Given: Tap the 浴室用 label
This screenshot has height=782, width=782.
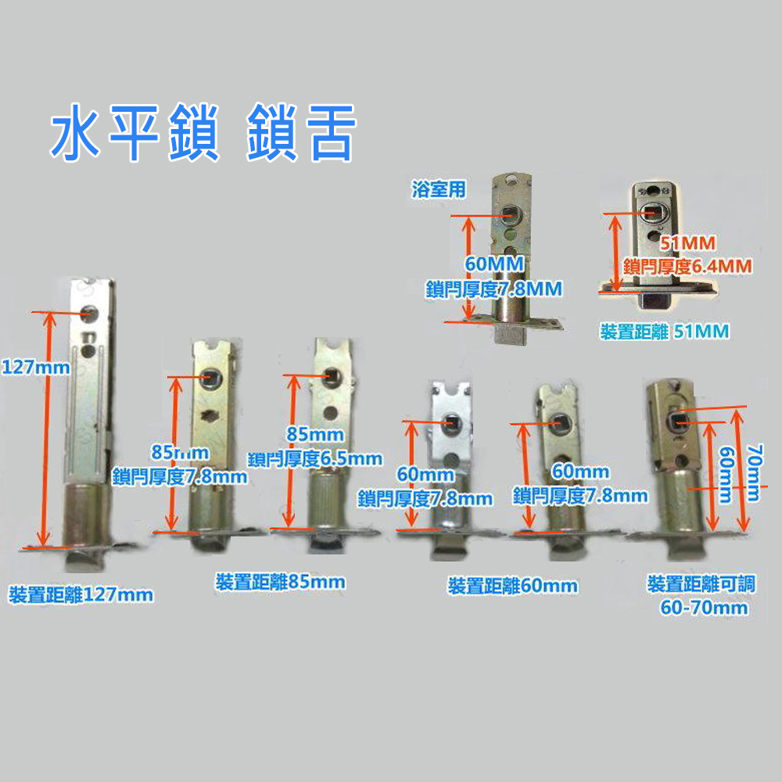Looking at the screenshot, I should (438, 188).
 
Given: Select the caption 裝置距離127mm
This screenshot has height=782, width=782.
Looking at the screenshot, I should (81, 594).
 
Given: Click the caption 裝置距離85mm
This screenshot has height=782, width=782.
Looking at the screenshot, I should (280, 582).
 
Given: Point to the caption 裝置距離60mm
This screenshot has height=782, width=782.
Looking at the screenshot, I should (512, 585).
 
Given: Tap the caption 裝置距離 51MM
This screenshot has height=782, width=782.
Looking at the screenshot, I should (664, 332).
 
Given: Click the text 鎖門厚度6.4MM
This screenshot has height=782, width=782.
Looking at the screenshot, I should (688, 267).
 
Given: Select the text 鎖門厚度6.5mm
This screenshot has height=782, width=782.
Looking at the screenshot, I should (315, 458).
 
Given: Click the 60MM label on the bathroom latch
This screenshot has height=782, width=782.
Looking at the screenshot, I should (493, 264).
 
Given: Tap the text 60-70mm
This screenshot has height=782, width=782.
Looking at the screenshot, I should (704, 608).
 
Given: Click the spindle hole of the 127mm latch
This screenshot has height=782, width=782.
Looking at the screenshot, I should (91, 312).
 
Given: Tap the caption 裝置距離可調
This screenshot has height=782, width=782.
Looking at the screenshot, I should (701, 584).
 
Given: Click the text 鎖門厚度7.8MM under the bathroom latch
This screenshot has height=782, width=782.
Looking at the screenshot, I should (493, 289).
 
